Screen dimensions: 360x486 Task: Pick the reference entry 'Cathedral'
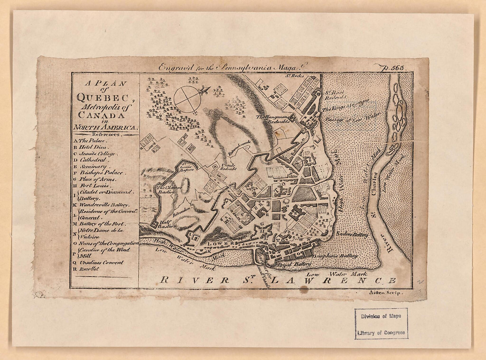[93, 160]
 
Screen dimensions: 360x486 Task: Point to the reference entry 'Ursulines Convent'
[101, 263]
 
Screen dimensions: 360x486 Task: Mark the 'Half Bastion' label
[168, 224]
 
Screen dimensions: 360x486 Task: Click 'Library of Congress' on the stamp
[381, 333]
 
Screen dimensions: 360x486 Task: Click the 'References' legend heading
[105, 134]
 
